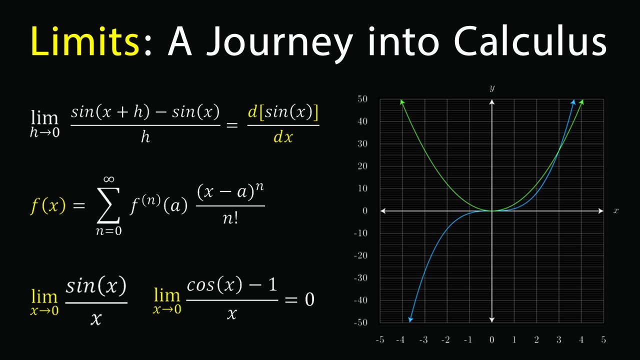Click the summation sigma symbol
pos(107,206)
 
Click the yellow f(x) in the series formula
pos(47,205)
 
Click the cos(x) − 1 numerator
pos(231,285)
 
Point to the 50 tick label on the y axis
pos(362,99)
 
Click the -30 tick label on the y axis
pos(360,277)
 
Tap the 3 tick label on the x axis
pos(559,340)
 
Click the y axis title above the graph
pos(492,88)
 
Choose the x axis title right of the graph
pos(616,211)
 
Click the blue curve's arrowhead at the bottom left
pos(410,319)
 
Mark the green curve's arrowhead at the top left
pos(402,102)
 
